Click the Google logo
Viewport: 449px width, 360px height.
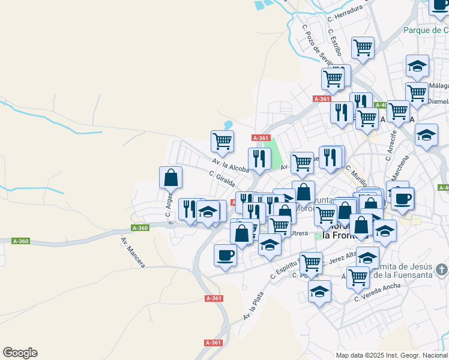pyautogui.click(x=20, y=353)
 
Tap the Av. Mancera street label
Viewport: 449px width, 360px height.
pyautogui.click(x=133, y=253)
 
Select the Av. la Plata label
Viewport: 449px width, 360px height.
pyautogui.click(x=253, y=305)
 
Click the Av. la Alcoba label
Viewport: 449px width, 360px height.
pyautogui.click(x=230, y=164)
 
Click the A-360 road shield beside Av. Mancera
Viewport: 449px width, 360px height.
pyautogui.click(x=139, y=228)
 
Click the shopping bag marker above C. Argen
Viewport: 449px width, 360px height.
pyautogui.click(x=170, y=178)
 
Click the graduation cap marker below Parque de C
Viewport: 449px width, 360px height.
pyautogui.click(x=417, y=66)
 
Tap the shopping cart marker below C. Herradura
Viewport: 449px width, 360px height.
pyautogui.click(x=363, y=48)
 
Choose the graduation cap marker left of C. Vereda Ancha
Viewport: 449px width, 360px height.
pyautogui.click(x=320, y=292)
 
